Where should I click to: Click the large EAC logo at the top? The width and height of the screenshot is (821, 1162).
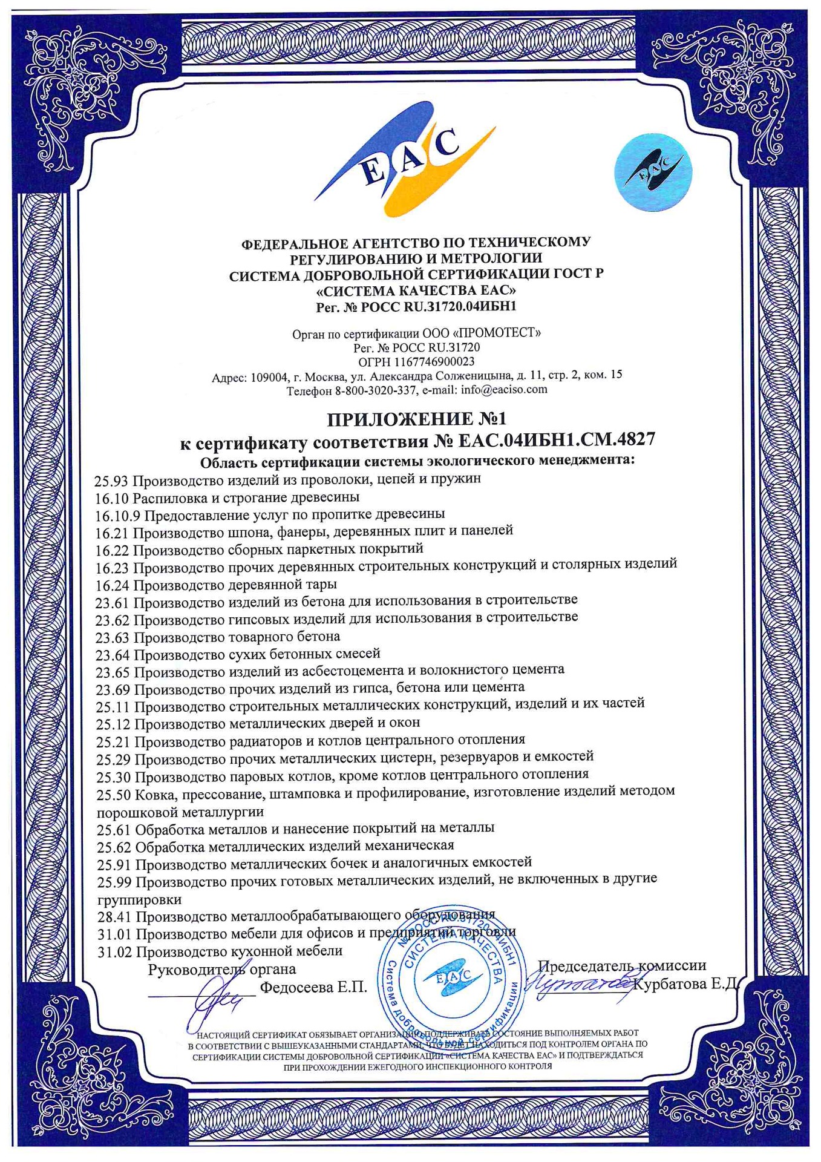click(403, 160)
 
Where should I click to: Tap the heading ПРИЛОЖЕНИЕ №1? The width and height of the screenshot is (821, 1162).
click(417, 419)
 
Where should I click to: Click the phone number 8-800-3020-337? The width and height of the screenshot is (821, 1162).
click(376, 391)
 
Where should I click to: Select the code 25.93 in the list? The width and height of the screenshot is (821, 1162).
click(112, 481)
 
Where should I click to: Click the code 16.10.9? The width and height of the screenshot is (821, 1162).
click(117, 515)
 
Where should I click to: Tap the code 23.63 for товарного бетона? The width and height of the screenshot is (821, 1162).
click(113, 637)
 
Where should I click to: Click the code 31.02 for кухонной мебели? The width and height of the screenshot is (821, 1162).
click(114, 952)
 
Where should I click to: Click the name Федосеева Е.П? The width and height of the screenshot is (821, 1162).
click(313, 988)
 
